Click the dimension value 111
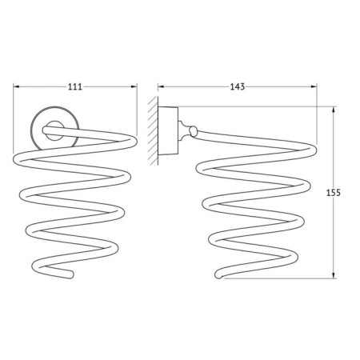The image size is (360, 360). [75, 86]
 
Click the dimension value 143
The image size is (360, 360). [237, 86]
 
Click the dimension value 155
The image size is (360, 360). [334, 193]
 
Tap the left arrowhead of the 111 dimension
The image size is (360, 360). [17, 86]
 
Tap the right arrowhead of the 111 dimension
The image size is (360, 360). [134, 86]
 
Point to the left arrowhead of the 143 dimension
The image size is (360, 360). [161, 86]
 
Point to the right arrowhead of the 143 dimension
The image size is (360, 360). [314, 86]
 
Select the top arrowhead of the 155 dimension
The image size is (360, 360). [334, 110]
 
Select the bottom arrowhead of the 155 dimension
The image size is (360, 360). [334, 275]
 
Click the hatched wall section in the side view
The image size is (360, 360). [153, 130]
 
